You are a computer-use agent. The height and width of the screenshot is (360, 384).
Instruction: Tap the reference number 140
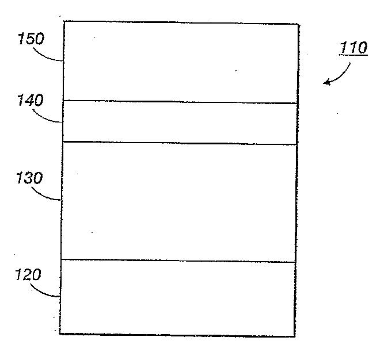pyautogui.click(x=30, y=100)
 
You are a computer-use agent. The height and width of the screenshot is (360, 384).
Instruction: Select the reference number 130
pyautogui.click(x=29, y=178)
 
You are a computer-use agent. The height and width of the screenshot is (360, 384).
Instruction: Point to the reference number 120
pyautogui.click(x=28, y=274)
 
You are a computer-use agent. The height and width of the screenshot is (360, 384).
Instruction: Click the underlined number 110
pyautogui.click(x=353, y=47)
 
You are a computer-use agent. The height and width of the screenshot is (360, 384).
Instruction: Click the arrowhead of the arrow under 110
pyautogui.click(x=326, y=83)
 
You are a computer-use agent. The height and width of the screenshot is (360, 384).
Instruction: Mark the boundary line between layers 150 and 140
pyautogui.click(x=180, y=102)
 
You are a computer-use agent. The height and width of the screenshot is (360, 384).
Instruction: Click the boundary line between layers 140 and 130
pyautogui.click(x=180, y=143)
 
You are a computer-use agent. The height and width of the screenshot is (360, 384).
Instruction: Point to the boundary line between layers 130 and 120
pyautogui.click(x=178, y=261)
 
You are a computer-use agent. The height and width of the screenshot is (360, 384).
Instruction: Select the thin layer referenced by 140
pyautogui.click(x=180, y=122)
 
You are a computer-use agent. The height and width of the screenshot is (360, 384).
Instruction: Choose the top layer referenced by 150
pyautogui.click(x=180, y=62)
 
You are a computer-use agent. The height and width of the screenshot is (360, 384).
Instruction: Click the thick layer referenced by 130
pyautogui.click(x=179, y=201)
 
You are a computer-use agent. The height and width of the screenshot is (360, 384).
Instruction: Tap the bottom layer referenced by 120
pyautogui.click(x=178, y=297)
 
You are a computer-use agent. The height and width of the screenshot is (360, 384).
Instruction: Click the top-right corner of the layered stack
pyautogui.click(x=298, y=24)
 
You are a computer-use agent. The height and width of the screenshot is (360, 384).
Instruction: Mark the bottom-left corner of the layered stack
pyautogui.click(x=60, y=333)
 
